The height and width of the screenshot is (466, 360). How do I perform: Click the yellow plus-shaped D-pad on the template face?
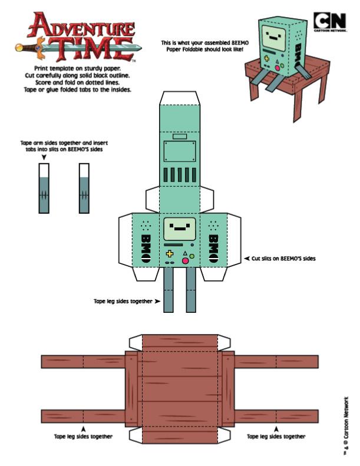(170, 254)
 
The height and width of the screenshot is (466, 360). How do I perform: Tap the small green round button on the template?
(191, 256)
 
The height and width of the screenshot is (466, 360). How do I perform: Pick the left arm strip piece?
(43, 189)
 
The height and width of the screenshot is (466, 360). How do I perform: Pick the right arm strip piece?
(84, 189)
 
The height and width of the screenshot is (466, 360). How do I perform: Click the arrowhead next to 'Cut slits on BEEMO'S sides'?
(246, 258)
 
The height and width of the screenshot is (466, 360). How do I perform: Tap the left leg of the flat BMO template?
(169, 291)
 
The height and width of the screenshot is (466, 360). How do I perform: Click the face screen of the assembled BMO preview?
(273, 34)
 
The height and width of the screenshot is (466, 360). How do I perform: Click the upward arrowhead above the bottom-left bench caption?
(84, 429)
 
